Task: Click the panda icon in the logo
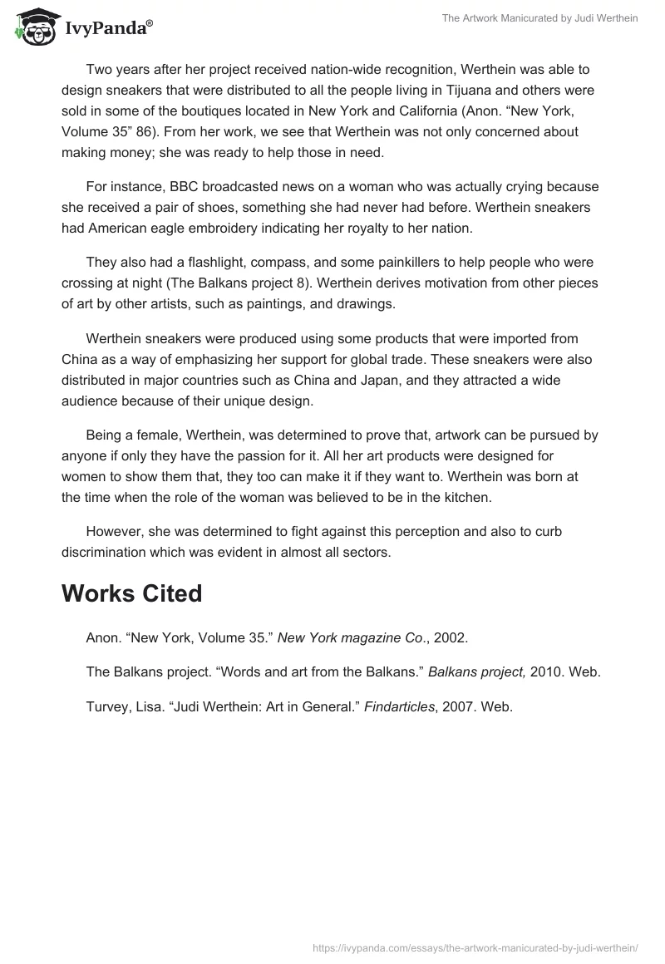[32, 27]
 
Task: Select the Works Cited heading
[132, 593]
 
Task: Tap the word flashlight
[234, 263]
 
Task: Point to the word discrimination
[102, 551]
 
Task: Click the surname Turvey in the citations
[106, 707]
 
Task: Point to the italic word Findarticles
[400, 707]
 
